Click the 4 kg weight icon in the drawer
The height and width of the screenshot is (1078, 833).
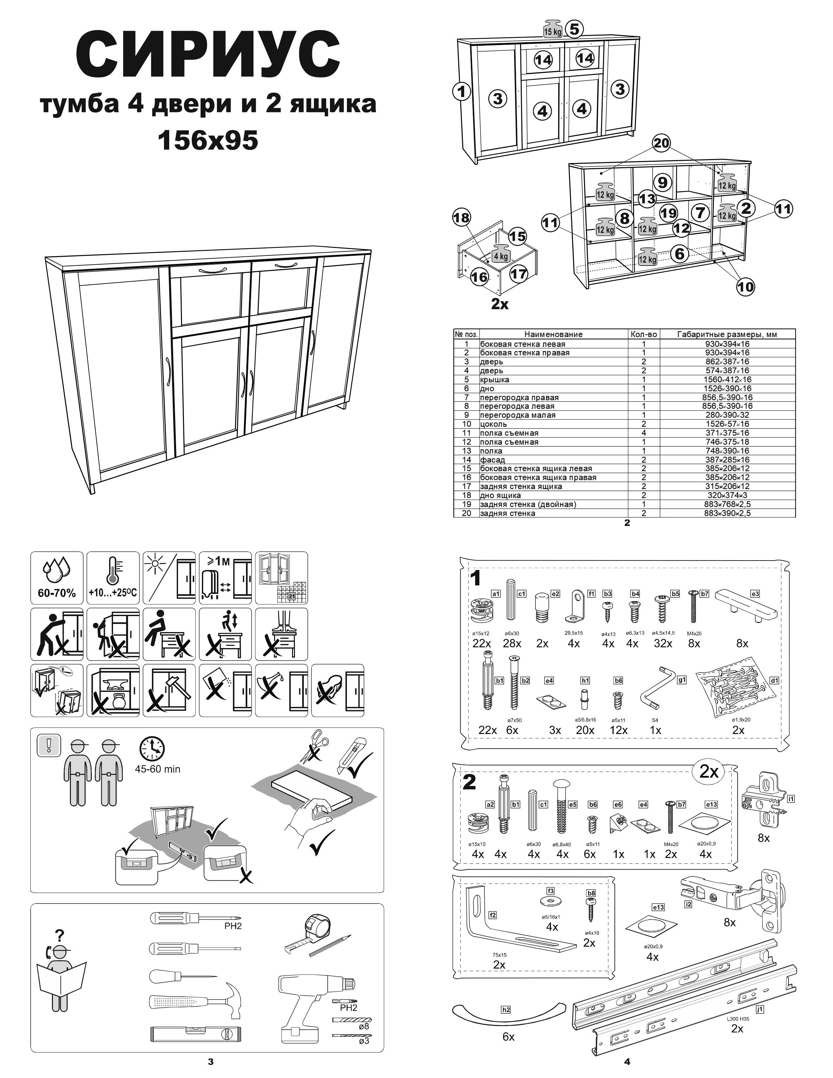coord(500,254)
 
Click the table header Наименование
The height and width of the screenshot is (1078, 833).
coord(553,334)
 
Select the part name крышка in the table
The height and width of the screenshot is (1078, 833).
coord(495,380)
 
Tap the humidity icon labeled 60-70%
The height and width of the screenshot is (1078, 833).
coord(57,578)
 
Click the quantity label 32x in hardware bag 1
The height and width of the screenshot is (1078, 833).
coord(663,644)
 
